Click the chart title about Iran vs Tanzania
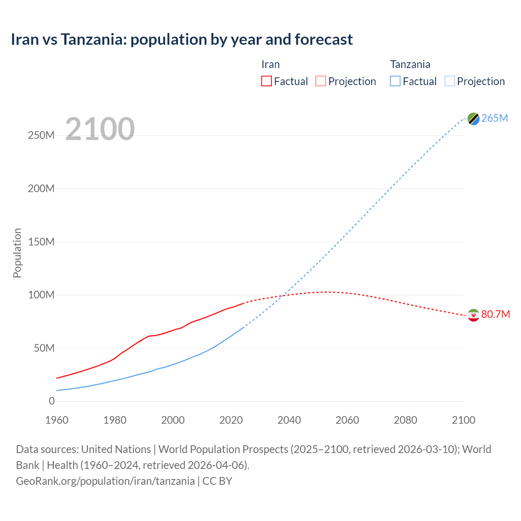pos(182,39)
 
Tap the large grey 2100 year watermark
pos(100,129)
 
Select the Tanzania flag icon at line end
pos(473,118)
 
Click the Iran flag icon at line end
pos(473,315)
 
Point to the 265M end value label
pos(495,118)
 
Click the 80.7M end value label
pos(495,315)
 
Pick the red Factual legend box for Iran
pos(266,81)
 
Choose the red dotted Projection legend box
pos(321,81)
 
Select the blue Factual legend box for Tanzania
pos(395,81)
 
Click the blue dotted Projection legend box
pos(449,81)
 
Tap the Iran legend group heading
pos(270,65)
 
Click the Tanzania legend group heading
pos(410,65)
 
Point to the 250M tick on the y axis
pos(41,136)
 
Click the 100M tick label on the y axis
pos(41,295)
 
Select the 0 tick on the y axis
pos(52,401)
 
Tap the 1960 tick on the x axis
pos(57,420)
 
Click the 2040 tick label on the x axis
pos(289,420)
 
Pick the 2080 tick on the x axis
pos(405,420)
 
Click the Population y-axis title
pos(17,253)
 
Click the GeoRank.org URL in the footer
pos(105,481)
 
